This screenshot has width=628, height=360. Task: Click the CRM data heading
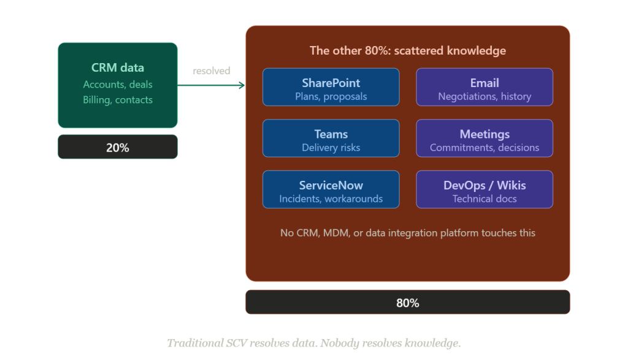pos(118,68)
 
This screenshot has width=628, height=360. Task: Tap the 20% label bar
pos(118,147)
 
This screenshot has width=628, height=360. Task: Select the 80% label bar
pos(408,302)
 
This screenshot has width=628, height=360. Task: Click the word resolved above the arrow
pos(212,71)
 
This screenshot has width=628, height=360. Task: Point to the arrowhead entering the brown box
pos(242,85)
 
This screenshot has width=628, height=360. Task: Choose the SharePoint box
pos(331,87)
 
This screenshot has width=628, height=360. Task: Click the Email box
pos(484,87)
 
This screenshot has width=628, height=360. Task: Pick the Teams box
pos(331,138)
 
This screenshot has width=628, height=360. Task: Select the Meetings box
pos(484,138)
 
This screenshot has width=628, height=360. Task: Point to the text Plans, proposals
pos(331,96)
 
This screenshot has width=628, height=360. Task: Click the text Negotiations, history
pos(484,96)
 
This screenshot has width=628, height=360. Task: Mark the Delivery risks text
pos(331,147)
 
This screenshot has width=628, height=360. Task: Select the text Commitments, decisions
pos(484,147)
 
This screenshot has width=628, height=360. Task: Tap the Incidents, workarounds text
pos(331,199)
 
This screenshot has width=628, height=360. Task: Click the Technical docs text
pos(484,199)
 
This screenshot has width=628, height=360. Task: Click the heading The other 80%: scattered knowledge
pos(408,51)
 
